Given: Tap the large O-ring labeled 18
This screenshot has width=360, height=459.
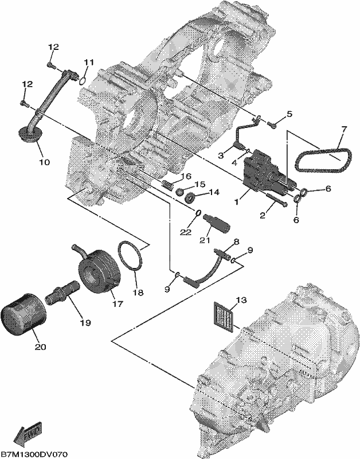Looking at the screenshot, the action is click(x=131, y=255).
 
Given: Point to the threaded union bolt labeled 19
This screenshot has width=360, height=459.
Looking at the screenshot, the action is click(x=62, y=293).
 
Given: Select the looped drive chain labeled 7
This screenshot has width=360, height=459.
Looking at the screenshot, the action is click(x=322, y=161).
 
